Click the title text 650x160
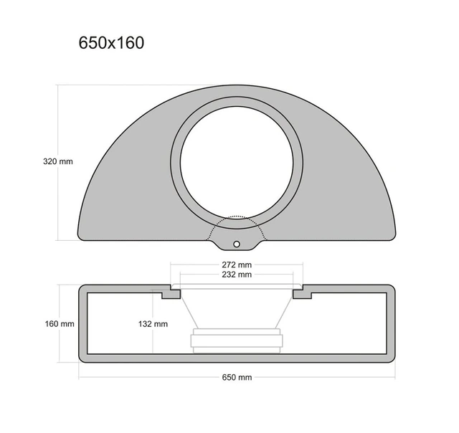(111, 43)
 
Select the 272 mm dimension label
(236, 264)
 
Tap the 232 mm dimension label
(236, 274)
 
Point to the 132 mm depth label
(153, 324)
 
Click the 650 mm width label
(236, 377)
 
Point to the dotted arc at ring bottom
(237, 217)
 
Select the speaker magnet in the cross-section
(236, 341)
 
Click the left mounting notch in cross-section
(171, 293)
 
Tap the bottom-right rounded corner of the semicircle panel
(392, 234)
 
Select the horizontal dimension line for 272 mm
(201, 264)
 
